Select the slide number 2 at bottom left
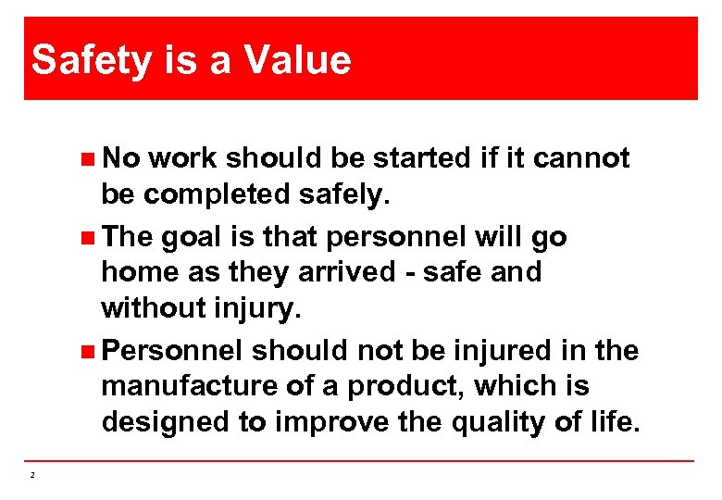pos(32,475)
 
